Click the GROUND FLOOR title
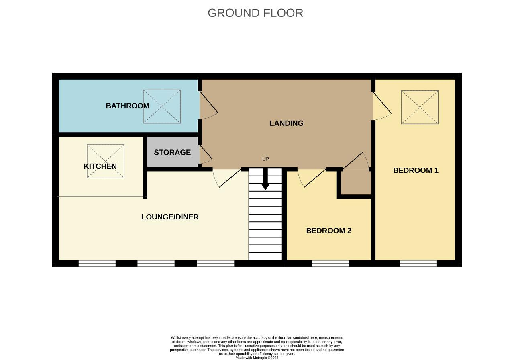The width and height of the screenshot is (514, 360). (x=255, y=13)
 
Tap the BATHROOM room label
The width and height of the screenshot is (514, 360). (x=127, y=106)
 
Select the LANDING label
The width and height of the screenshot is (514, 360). (x=286, y=123)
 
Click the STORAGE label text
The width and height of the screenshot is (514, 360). (x=172, y=152)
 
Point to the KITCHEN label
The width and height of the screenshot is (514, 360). (x=100, y=166)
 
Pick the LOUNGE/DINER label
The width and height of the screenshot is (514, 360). (x=170, y=217)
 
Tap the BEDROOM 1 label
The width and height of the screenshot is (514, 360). (x=416, y=170)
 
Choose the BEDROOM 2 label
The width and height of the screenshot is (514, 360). (x=329, y=231)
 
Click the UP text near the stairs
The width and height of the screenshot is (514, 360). (x=265, y=159)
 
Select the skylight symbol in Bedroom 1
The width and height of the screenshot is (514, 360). (x=420, y=107)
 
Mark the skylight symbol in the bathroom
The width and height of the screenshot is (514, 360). (x=162, y=106)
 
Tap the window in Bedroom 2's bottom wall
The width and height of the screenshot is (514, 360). (x=330, y=264)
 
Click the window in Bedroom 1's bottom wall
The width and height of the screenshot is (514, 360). (x=418, y=264)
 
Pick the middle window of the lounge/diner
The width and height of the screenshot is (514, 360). (x=156, y=264)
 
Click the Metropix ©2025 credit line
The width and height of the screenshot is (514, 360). (x=257, y=358)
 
